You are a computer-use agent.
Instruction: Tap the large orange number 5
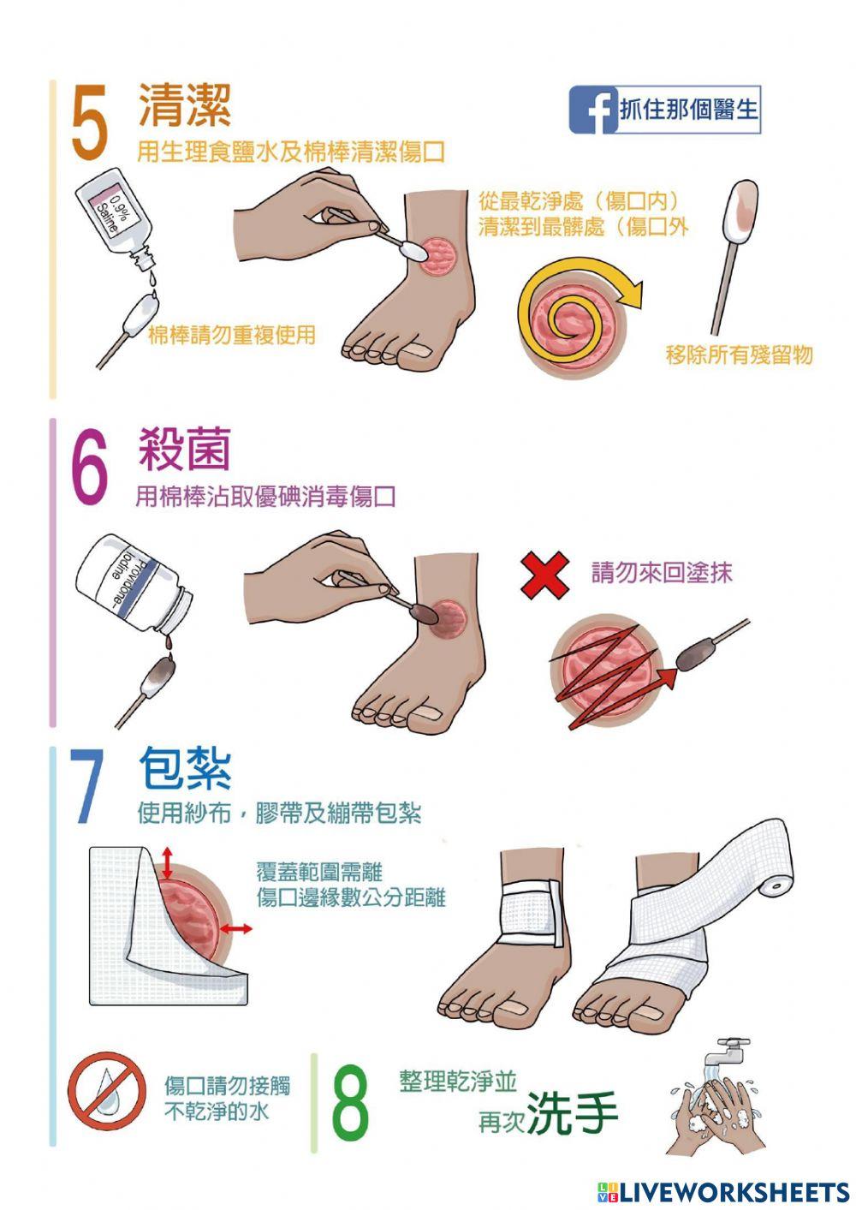(89, 122)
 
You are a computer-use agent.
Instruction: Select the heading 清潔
(185, 105)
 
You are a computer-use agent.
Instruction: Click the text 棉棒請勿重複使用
(232, 335)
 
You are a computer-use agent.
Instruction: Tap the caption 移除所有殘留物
(739, 355)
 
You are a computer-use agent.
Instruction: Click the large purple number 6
(90, 468)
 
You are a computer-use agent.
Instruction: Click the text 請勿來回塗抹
(662, 572)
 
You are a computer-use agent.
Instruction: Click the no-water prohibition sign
(107, 1091)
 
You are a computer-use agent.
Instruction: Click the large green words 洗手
(572, 1112)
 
